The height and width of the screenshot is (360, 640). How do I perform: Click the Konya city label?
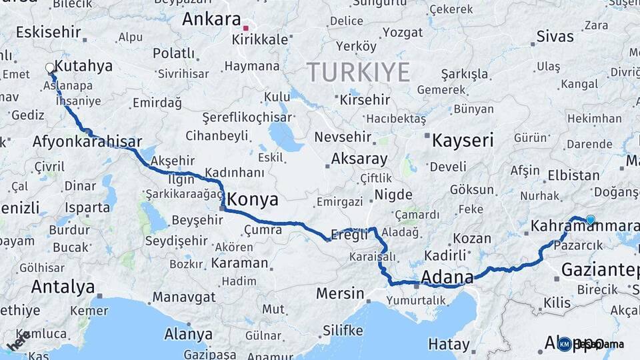point(253,200)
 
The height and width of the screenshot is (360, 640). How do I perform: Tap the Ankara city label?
point(211,19)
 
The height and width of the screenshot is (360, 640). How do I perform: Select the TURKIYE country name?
point(358,72)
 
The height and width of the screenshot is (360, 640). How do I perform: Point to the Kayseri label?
point(463,141)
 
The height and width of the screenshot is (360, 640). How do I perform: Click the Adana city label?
point(447,277)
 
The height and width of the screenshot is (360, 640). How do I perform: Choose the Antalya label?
point(63,287)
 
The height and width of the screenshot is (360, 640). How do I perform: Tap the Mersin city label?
point(340,293)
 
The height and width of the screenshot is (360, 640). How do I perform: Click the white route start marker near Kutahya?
point(50,67)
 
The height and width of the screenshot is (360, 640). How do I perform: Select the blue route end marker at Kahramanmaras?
point(590,219)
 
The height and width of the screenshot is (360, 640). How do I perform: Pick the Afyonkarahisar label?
point(87,141)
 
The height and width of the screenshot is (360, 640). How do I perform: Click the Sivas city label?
point(555,37)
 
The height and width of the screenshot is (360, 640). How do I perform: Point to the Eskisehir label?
point(48,32)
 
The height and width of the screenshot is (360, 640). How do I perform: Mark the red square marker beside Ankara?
point(246,29)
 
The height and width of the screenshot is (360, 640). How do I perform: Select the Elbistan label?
point(573,176)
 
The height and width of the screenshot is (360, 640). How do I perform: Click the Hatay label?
point(449,345)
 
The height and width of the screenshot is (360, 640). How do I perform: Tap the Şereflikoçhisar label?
point(247,117)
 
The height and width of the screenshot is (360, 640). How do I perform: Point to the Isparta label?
point(87,207)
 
